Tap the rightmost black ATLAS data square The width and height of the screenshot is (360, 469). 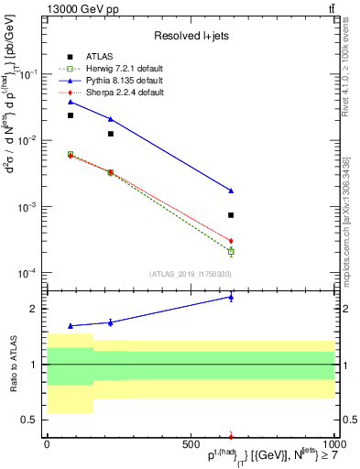tap(231, 215)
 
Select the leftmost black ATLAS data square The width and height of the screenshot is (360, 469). tap(71, 115)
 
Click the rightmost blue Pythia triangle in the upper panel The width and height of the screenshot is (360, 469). tap(231, 191)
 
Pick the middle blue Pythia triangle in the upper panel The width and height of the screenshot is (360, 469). tap(111, 119)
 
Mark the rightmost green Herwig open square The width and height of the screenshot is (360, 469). tap(231, 251)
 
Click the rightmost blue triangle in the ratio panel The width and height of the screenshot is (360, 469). tap(231, 297)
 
